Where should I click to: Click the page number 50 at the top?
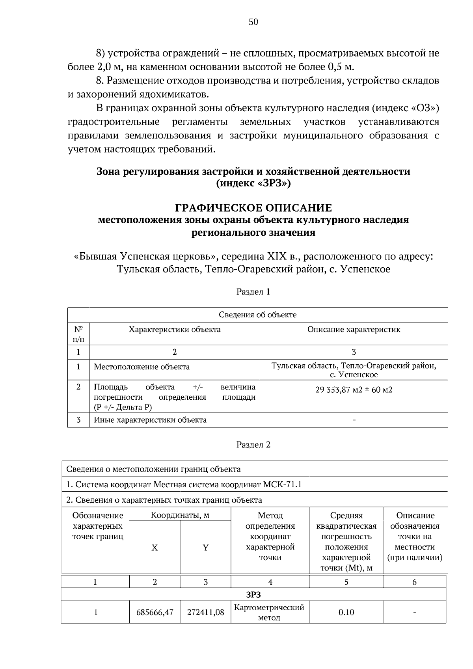(x=253, y=22)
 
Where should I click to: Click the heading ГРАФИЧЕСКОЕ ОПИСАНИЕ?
(x=253, y=208)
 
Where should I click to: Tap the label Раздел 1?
(x=253, y=292)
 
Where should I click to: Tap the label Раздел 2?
(x=253, y=445)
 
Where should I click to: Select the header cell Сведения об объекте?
(x=257, y=315)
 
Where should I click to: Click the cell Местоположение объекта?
(x=142, y=367)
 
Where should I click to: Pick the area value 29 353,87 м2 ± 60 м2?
(x=354, y=390)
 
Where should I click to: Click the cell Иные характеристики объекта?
(x=150, y=420)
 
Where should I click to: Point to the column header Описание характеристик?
(x=354, y=330)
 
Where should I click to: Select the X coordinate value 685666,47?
(x=155, y=612)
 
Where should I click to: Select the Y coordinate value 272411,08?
(x=205, y=612)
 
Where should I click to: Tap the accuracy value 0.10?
(x=346, y=612)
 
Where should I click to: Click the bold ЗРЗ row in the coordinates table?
(x=253, y=594)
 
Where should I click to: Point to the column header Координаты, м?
(x=180, y=515)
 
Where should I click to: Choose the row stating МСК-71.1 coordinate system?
(x=184, y=484)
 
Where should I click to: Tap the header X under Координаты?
(x=155, y=548)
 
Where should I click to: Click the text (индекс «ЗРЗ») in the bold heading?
(x=253, y=184)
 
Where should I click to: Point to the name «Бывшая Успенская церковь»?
(x=146, y=257)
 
